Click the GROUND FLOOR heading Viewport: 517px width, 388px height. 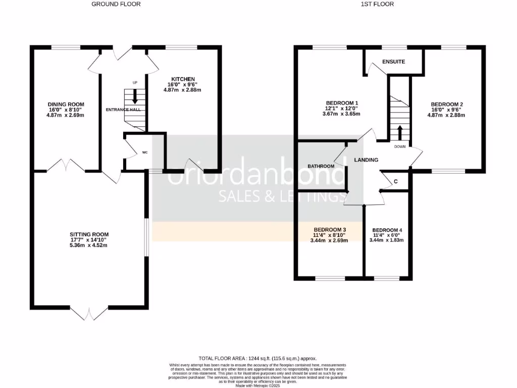pyautogui.click(x=116, y=4)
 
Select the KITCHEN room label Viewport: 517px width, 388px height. pyautogui.click(x=183, y=79)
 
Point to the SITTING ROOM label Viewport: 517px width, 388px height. pyautogui.click(x=89, y=234)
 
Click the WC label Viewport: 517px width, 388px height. pyautogui.click(x=144, y=152)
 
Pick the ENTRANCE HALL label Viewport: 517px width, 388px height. pyautogui.click(x=123, y=109)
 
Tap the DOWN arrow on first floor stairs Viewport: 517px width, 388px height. pyautogui.click(x=400, y=132)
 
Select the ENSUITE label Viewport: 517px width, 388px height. pyautogui.click(x=394, y=62)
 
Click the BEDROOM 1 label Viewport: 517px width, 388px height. pyautogui.click(x=341, y=100)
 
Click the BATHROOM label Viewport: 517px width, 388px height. pyautogui.click(x=321, y=166)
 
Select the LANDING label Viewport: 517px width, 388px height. pyautogui.click(x=366, y=160)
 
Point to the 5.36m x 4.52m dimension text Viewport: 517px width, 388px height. pyautogui.click(x=89, y=246)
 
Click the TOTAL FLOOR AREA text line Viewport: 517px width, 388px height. pyautogui.click(x=257, y=358)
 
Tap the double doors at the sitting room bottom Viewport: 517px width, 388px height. pyautogui.click(x=89, y=312)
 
